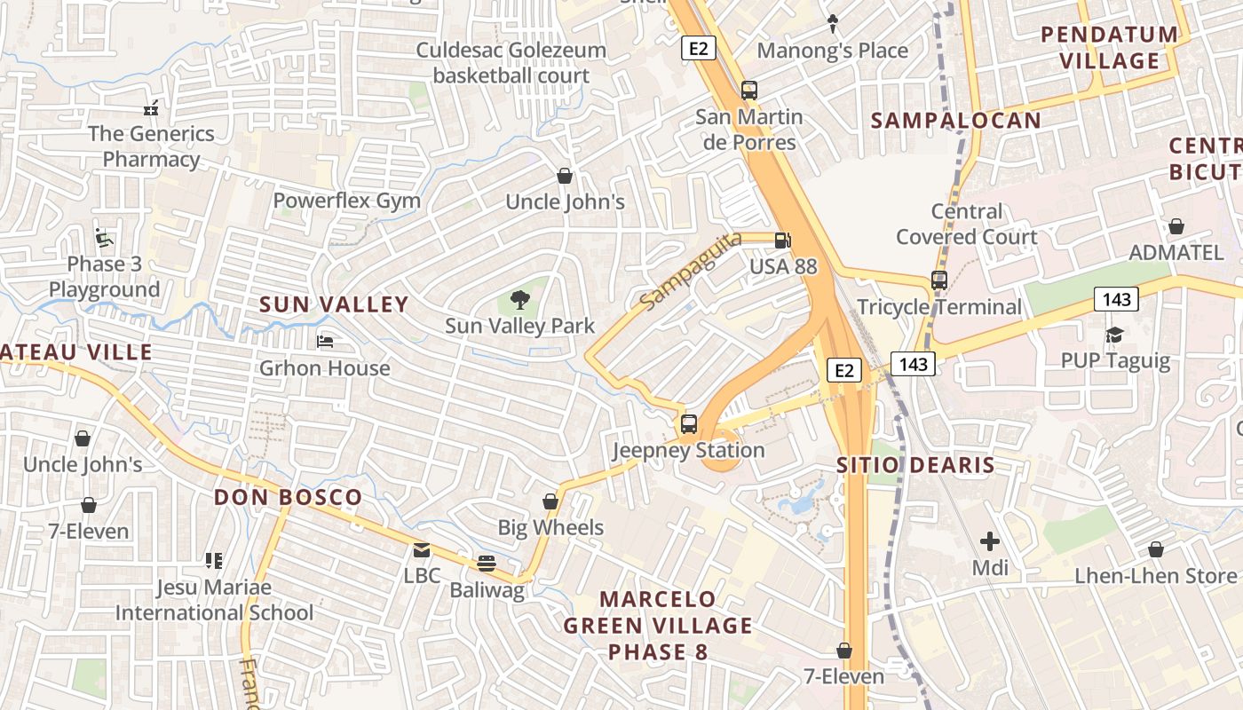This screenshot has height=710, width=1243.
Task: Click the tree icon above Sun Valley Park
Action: [x=520, y=300]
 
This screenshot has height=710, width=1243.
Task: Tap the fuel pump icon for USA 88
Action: [x=782, y=240]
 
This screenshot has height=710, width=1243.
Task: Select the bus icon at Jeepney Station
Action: [x=689, y=424]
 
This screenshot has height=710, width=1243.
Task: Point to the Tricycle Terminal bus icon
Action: [x=939, y=280]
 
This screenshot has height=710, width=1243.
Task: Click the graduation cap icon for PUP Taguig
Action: [x=1114, y=335]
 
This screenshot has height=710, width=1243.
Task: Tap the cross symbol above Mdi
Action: [x=990, y=540]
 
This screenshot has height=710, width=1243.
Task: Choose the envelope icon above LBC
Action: [x=422, y=550]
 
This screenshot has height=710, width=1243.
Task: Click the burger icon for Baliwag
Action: [x=486, y=564]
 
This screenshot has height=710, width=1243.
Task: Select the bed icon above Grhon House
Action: [x=325, y=342]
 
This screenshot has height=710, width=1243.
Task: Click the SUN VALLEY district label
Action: [x=334, y=304]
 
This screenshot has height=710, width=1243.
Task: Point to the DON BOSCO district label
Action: [x=288, y=497]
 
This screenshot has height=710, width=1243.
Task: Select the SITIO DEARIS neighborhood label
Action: [x=915, y=465]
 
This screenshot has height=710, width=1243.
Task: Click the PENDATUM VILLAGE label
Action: [x=1110, y=48]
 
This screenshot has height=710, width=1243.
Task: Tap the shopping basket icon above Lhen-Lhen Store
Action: [x=1155, y=550]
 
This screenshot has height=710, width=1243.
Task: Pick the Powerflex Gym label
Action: [x=346, y=201]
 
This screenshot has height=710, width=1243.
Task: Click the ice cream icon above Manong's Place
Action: [x=833, y=24]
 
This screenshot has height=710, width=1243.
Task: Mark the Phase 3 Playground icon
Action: [x=104, y=238]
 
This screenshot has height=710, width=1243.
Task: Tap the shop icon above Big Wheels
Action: [x=550, y=501]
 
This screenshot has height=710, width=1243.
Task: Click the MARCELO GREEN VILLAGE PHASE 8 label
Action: [x=658, y=626]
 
